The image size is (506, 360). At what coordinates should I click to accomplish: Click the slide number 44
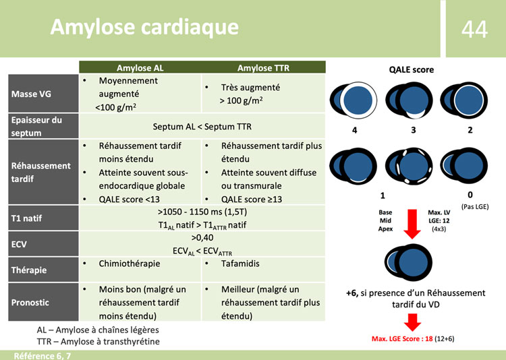474,28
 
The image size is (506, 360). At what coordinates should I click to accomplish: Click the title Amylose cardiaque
144,27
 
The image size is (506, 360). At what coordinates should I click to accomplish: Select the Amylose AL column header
140,67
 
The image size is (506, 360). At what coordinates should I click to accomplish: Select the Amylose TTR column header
262,67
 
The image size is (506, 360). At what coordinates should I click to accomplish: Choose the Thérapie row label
29,270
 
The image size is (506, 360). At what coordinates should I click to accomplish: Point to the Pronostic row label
31,302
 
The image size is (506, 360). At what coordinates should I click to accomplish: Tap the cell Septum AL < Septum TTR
202,126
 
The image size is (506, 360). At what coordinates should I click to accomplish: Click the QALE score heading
411,69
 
